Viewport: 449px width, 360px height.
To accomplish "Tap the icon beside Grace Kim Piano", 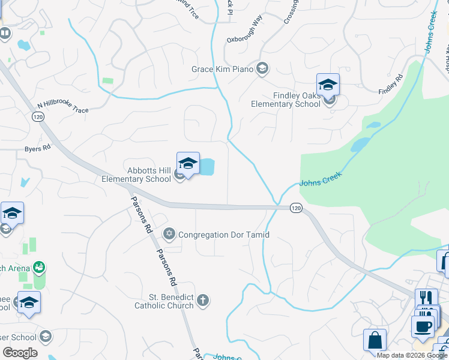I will [262, 68].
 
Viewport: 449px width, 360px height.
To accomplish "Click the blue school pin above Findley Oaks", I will [328, 85].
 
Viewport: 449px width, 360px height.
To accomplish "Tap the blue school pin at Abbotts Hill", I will [188, 163].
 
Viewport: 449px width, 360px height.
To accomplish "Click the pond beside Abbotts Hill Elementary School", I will [206, 167].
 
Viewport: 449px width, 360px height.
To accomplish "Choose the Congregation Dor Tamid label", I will [224, 235].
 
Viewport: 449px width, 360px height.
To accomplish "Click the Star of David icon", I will [169, 233].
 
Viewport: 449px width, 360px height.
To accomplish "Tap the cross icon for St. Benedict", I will [203, 300].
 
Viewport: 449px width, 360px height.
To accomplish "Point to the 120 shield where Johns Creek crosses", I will [295, 208].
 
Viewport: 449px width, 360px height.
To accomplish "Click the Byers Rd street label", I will [37, 148].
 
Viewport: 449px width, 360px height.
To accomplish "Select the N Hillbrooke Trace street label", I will [62, 106].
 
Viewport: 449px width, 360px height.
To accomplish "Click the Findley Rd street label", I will [391, 83].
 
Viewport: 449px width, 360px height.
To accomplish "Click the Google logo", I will [20, 353].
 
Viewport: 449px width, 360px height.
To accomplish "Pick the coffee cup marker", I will [422, 327].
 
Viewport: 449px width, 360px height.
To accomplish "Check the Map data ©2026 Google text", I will [412, 355].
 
